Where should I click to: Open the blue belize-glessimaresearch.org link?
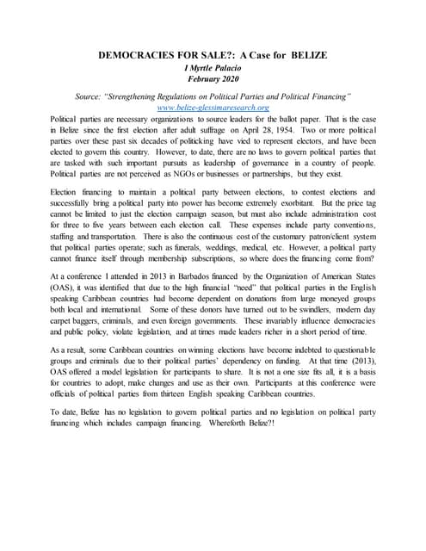213,108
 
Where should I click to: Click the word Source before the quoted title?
92,96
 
